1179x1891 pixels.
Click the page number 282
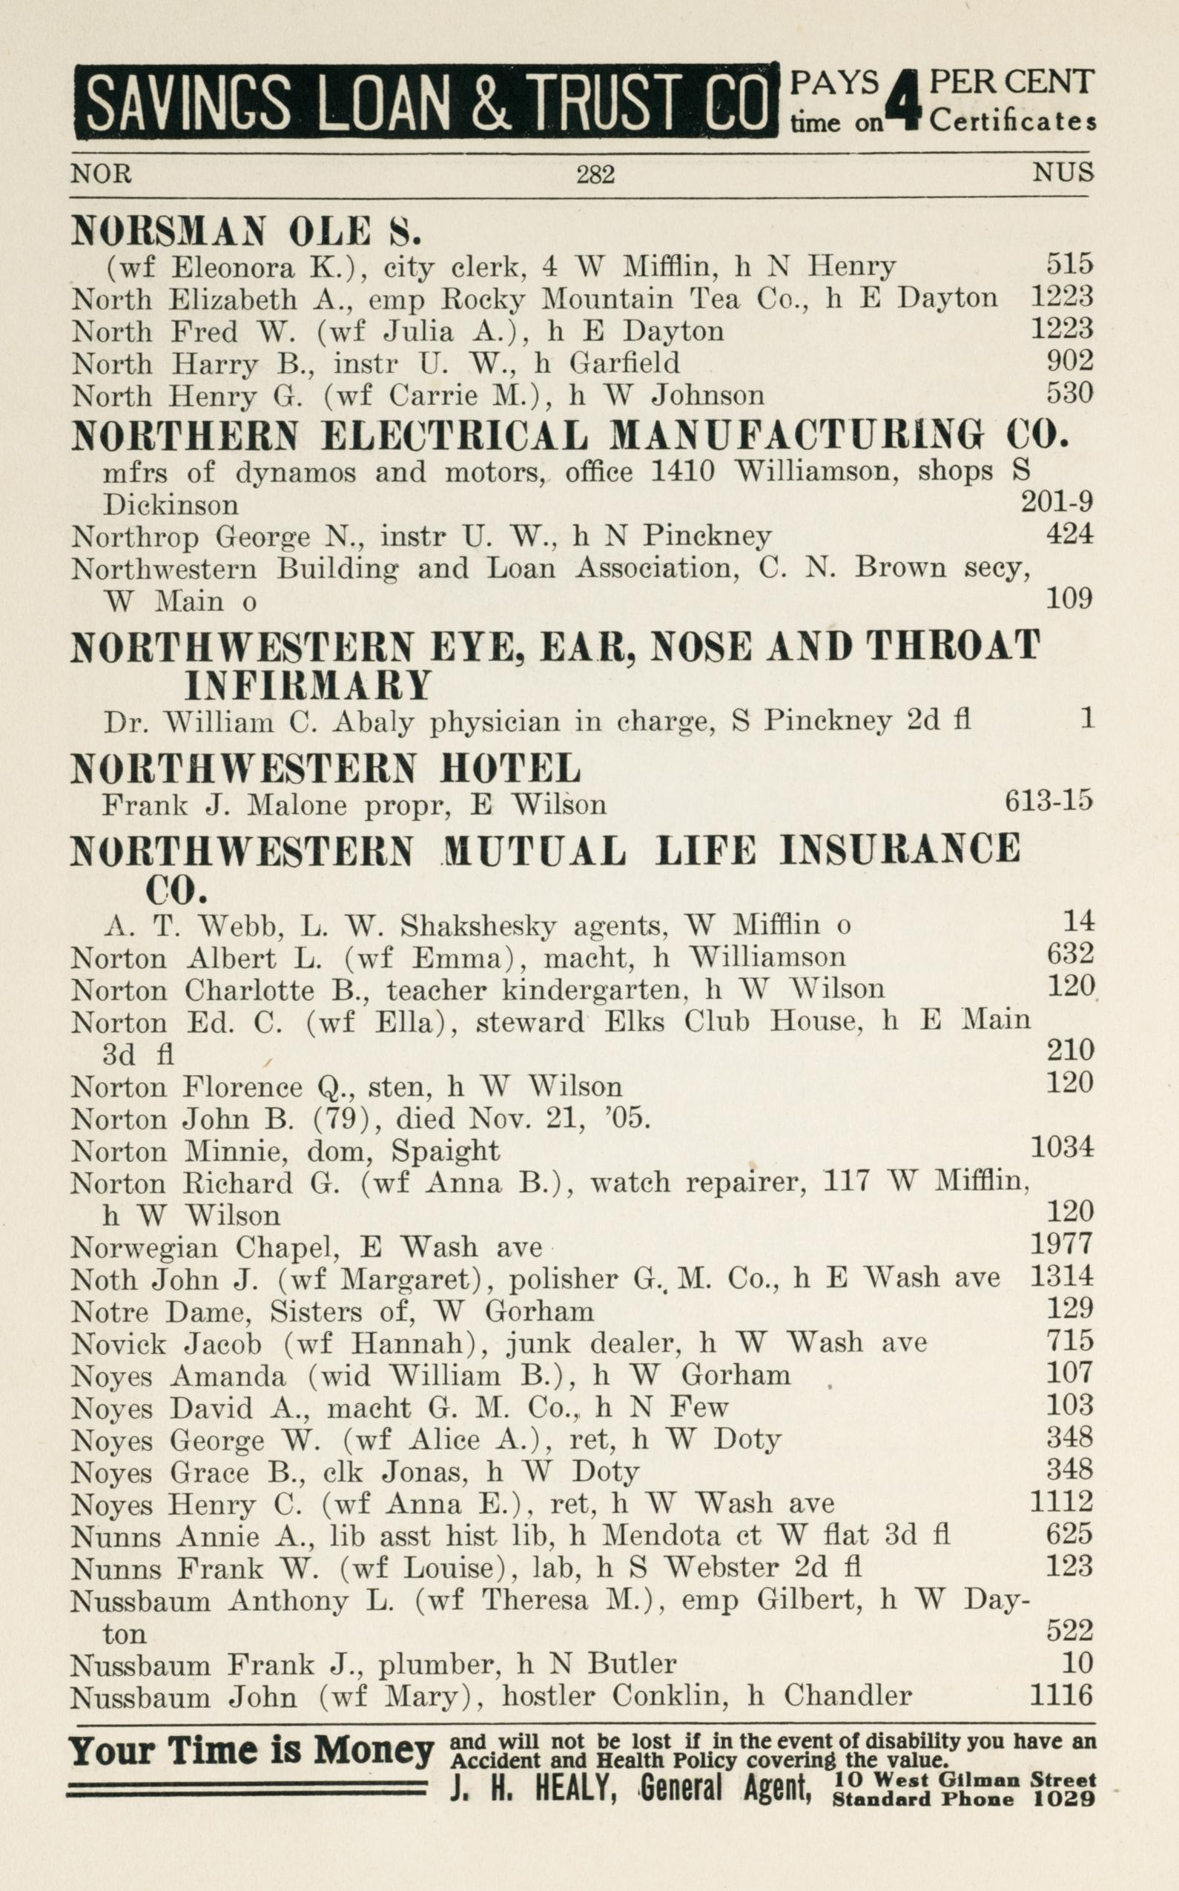(x=595, y=174)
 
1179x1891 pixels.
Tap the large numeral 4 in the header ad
(x=904, y=102)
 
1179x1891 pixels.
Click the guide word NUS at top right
(x=1063, y=172)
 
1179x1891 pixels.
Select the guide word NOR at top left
(x=102, y=173)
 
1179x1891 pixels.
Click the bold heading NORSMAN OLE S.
(x=246, y=231)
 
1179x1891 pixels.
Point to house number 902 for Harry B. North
(x=1069, y=362)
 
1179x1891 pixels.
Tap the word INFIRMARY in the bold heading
(x=308, y=686)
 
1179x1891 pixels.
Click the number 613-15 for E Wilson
(x=1048, y=802)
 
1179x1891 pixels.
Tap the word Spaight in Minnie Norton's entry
(x=444, y=1151)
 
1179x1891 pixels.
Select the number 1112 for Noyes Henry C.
(x=1061, y=1501)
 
